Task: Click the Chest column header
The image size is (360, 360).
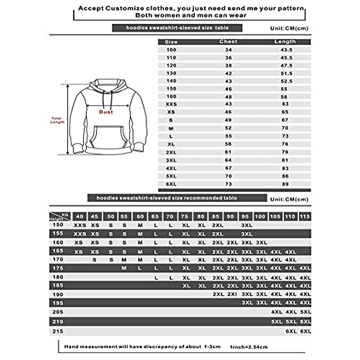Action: tap(228, 42)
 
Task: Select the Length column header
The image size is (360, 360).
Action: tap(285, 42)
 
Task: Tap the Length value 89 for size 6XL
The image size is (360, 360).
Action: tap(285, 184)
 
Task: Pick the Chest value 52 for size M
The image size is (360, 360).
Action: tap(228, 128)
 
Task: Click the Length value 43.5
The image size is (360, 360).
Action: tap(286, 50)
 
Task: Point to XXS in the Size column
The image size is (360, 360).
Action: tap(171, 104)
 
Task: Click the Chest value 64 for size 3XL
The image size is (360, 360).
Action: tap(228, 160)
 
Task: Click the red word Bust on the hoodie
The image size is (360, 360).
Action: tap(106, 112)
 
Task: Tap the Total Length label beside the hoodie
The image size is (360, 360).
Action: tap(57, 120)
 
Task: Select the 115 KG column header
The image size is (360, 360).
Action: tap(305, 217)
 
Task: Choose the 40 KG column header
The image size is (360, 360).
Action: tap(79, 217)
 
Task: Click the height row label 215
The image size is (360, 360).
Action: tap(58, 331)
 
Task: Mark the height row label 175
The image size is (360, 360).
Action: tap(58, 268)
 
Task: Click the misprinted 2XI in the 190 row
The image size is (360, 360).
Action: tap(232, 294)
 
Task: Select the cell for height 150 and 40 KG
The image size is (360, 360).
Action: tap(80, 225)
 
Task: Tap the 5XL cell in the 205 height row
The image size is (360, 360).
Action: tap(305, 312)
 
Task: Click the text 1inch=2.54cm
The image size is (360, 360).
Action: tap(249, 347)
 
